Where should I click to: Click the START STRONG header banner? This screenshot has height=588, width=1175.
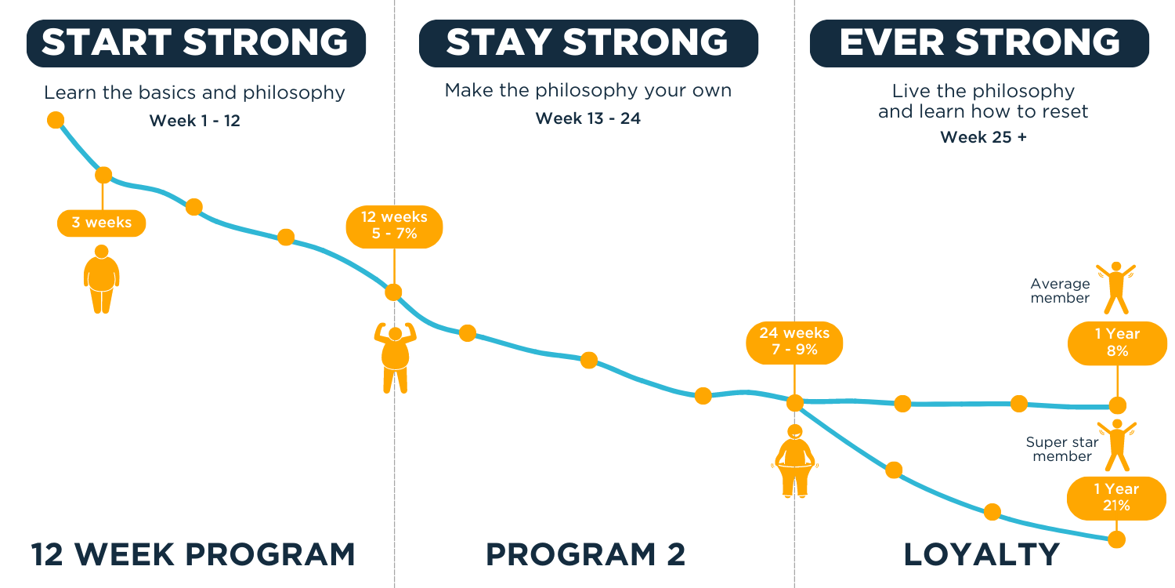tap(196, 43)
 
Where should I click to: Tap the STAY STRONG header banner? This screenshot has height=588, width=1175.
tap(588, 43)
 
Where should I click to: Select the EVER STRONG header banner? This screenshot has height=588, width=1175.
tap(979, 43)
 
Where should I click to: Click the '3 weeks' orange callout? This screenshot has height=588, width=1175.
tap(101, 223)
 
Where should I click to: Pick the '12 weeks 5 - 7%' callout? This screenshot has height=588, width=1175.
tap(395, 227)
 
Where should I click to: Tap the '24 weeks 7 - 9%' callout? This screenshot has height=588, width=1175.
tap(794, 343)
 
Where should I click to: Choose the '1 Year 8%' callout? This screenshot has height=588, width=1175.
tap(1117, 343)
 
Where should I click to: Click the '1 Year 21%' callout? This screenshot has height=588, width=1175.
tap(1116, 498)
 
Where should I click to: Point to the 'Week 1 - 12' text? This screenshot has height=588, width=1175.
tap(194, 121)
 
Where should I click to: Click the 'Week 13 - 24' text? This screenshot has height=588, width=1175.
tap(588, 118)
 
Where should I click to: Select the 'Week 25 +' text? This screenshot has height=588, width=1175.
tap(984, 137)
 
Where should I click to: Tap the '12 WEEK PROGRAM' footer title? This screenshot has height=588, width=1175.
tap(193, 554)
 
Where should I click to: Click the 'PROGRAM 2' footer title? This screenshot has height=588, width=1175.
tap(585, 554)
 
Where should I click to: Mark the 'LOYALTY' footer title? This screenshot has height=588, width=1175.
tap(982, 554)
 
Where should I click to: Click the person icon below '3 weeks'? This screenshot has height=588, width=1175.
tap(102, 279)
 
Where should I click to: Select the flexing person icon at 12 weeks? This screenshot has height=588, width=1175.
tap(395, 358)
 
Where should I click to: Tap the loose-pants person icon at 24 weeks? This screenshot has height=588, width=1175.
tap(795, 461)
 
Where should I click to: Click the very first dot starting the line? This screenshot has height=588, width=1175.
tap(56, 120)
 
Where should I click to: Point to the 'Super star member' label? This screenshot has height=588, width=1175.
tap(1062, 449)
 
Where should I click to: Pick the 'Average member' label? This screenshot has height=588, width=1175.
tap(1060, 291)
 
